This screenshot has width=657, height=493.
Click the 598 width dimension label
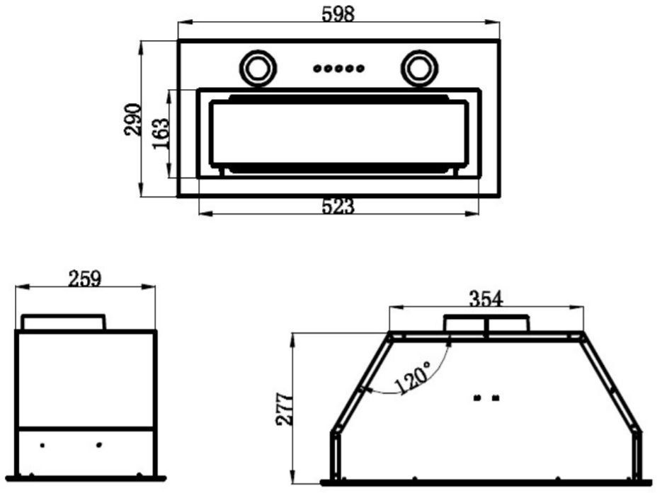(x=338, y=15)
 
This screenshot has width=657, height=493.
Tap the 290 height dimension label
(x=133, y=120)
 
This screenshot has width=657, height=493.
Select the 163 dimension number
(x=161, y=134)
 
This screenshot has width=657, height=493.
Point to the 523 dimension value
(x=338, y=206)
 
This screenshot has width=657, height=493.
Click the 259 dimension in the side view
(x=85, y=279)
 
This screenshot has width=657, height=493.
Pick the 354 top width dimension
(x=486, y=298)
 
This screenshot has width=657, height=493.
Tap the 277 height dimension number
(x=285, y=409)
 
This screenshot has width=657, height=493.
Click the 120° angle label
(x=412, y=378)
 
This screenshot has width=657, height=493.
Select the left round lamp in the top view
(x=258, y=68)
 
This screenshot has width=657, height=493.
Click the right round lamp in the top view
(x=419, y=68)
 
